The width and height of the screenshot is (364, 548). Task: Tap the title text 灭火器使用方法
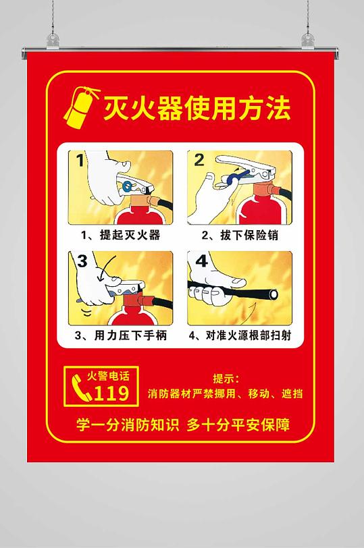click(197, 107)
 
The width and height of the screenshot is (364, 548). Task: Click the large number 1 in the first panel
click(80, 161)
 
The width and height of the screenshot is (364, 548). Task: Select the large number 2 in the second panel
click(199, 161)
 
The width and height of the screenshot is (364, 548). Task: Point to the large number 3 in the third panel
click(82, 261)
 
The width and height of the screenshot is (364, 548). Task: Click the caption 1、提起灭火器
click(120, 236)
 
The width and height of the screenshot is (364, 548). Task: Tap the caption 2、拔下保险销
click(240, 236)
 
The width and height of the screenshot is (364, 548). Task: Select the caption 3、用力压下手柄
click(121, 335)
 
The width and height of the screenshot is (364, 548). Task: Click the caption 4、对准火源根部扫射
click(240, 335)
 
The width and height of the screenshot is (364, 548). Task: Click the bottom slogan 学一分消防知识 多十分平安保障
click(182, 425)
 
